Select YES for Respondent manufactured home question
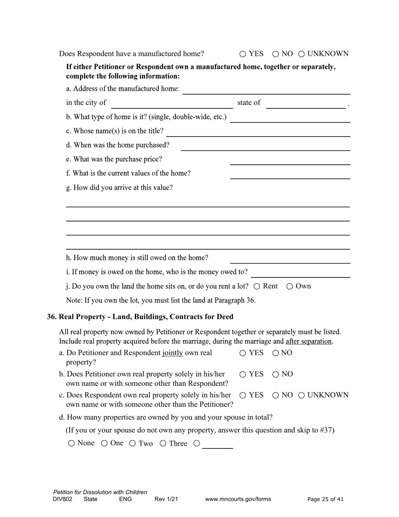[x=243, y=54]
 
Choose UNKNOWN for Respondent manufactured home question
[x=301, y=54]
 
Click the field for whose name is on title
[x=258, y=132]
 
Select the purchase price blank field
[x=290, y=160]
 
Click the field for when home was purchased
[x=265, y=146]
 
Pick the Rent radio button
[x=257, y=287]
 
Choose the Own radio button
[x=290, y=287]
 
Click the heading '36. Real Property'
[x=140, y=317]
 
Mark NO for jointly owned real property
[x=276, y=353]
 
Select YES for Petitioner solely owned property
[x=243, y=375]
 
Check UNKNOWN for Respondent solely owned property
[x=301, y=396]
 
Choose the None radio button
[x=71, y=443]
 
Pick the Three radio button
[x=163, y=443]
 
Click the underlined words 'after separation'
[x=309, y=341]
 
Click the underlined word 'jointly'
[x=173, y=353]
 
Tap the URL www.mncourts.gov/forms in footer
[x=238, y=499]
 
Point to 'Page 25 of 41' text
[x=325, y=499]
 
